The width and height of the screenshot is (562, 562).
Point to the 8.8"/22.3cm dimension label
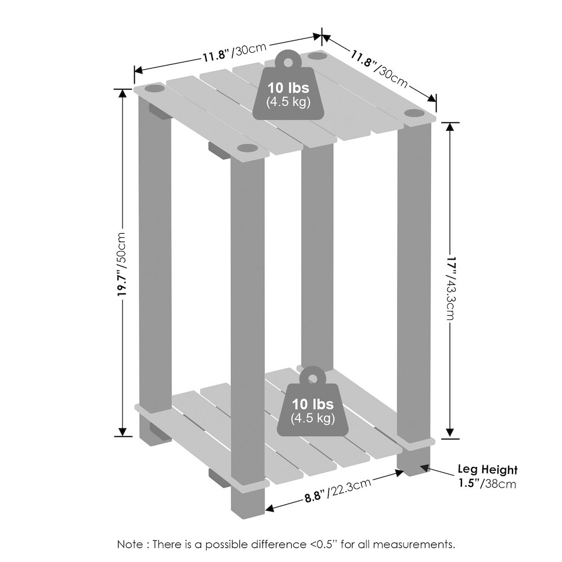[x=336, y=490]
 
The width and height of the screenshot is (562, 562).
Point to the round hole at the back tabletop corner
[x=316, y=57]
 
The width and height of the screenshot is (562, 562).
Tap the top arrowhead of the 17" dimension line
[x=449, y=126]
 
